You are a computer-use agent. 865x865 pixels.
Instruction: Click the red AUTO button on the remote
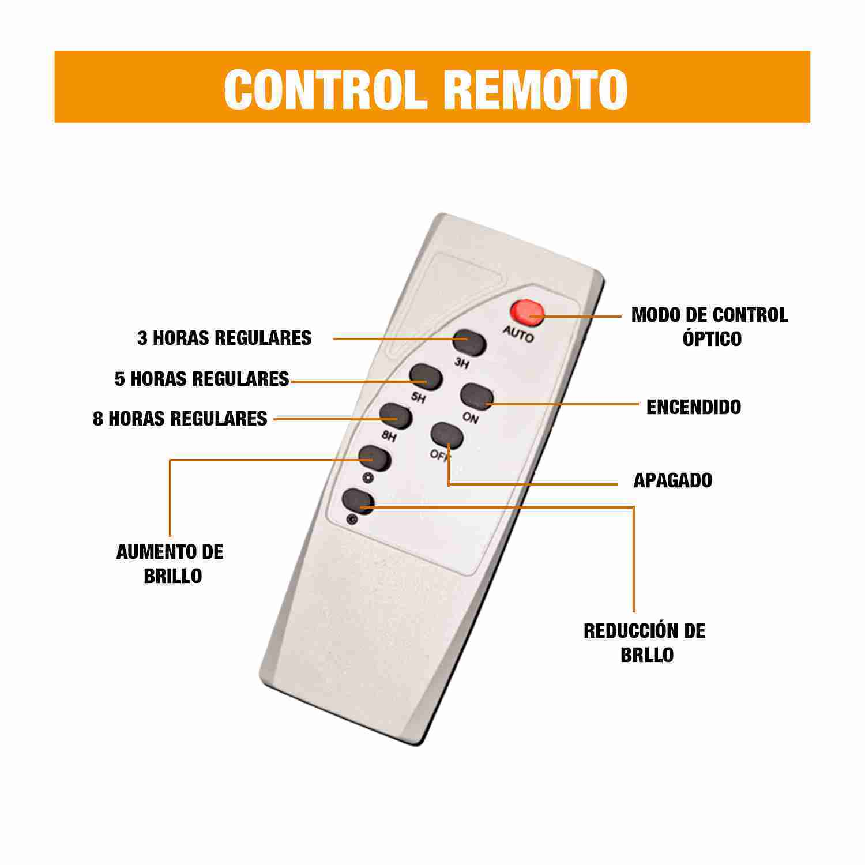point(526,312)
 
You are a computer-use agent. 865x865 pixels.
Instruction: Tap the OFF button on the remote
point(447,436)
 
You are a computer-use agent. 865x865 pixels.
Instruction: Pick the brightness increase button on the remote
point(375,459)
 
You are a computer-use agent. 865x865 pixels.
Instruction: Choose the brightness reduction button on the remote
point(358,502)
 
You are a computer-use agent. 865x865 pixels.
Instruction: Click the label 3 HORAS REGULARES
point(224,338)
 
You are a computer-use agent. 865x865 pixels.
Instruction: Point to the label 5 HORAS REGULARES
point(202,379)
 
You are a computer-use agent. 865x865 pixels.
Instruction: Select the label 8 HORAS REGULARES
point(180,419)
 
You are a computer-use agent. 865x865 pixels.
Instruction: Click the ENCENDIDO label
point(693,407)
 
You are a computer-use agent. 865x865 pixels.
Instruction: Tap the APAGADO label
point(672,480)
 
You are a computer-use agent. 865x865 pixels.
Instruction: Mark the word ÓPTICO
point(712,339)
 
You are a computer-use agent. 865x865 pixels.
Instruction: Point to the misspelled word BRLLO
point(647,655)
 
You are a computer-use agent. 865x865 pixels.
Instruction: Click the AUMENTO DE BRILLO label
point(170,563)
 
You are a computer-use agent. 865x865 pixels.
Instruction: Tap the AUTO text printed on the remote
point(518,333)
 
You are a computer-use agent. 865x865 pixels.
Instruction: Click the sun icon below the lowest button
point(351,520)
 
